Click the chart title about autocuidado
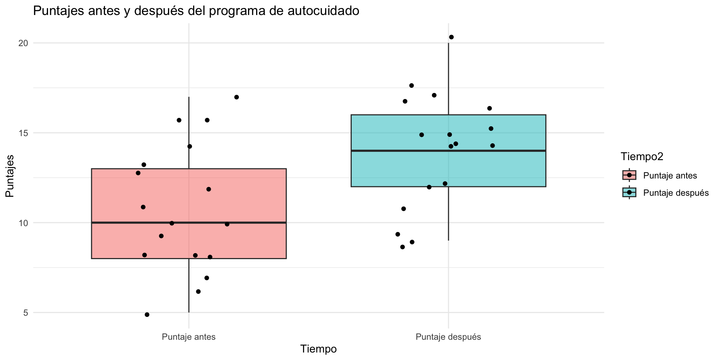tap(196, 11)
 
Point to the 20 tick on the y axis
tap(24, 43)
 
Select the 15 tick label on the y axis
tap(24, 133)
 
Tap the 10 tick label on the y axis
tap(24, 223)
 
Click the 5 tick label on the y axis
tap(25, 313)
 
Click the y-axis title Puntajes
tap(10, 176)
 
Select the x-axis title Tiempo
tap(318, 349)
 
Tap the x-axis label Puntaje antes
tap(189, 337)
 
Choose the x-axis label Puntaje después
tap(448, 337)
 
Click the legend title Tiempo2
tap(642, 157)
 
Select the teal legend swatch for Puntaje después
tap(629, 193)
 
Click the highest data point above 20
tap(451, 37)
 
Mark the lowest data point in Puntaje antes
tap(147, 315)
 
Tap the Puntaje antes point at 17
tap(237, 97)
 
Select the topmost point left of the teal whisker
tap(411, 85)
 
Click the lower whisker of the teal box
tap(448, 214)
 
